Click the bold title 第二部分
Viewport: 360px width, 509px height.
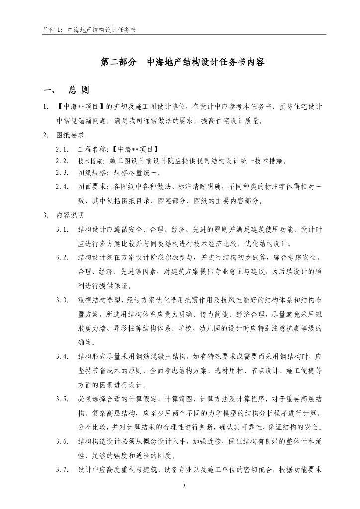[118, 63]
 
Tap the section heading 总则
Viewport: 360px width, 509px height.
[79, 91]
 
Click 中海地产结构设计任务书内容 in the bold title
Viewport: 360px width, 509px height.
[205, 63]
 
